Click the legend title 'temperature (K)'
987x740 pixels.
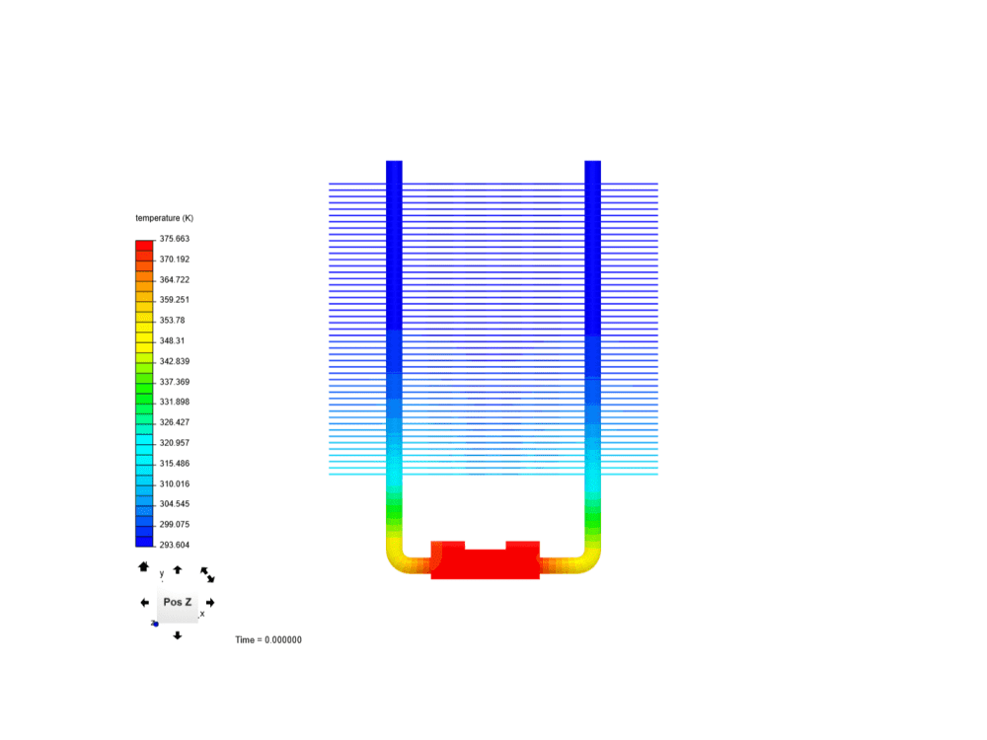coord(164,218)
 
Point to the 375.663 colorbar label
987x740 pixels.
coord(175,239)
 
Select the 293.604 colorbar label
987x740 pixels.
coord(175,545)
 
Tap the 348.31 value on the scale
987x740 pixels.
coord(172,341)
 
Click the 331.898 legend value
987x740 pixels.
coord(175,403)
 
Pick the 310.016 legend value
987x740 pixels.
coord(175,483)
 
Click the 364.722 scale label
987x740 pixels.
coord(175,279)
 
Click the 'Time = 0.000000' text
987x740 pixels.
coord(268,640)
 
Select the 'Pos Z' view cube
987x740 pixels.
coord(178,602)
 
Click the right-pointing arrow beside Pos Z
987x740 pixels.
coord(210,602)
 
